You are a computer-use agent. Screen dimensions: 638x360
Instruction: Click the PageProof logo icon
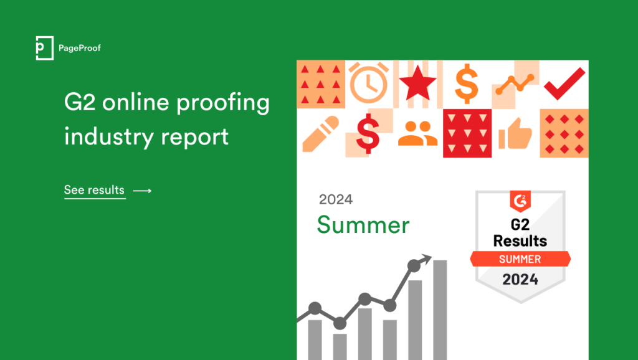[x=44, y=48]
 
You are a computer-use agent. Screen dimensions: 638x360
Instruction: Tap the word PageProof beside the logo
[x=79, y=49]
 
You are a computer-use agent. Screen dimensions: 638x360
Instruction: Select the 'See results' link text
[x=95, y=190]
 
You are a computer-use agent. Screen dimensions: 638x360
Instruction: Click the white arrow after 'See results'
[x=143, y=191]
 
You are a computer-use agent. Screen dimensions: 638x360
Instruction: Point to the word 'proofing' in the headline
[x=223, y=103]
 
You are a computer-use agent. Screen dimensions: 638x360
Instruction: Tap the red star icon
[x=417, y=83]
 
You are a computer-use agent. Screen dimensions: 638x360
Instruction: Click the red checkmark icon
[x=564, y=84]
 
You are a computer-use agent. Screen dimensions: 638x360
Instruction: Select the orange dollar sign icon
[x=466, y=83]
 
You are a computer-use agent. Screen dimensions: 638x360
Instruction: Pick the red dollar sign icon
[x=368, y=133]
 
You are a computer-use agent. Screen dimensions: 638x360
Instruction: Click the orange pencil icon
[x=321, y=134]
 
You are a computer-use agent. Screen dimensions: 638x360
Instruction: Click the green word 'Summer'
[x=363, y=225]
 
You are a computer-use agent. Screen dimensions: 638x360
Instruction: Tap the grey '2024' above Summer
[x=336, y=200]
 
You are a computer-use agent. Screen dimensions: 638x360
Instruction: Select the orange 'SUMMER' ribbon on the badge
[x=520, y=259]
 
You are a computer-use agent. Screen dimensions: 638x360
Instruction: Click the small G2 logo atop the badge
[x=520, y=201]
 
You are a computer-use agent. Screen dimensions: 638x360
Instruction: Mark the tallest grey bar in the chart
[x=440, y=310]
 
